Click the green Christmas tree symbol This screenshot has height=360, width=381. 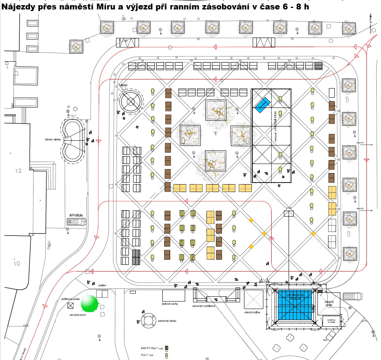pyautogui.click(x=89, y=303)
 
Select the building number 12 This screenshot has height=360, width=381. pyautogui.click(x=18, y=171)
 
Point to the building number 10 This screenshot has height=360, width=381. pyautogui.click(x=17, y=263)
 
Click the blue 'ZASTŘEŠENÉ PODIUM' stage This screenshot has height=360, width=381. pyautogui.click(x=295, y=306)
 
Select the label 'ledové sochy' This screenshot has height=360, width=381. pyautogui.click(x=171, y=304)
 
